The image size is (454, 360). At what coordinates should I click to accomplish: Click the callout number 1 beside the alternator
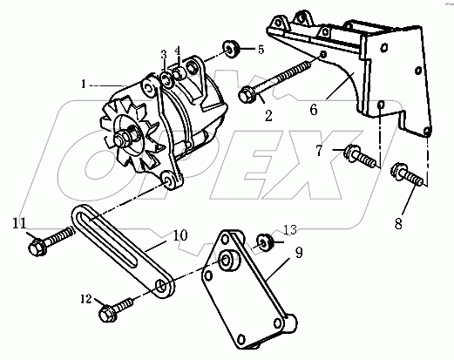click(84, 85)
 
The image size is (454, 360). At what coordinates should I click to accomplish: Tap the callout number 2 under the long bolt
click(268, 116)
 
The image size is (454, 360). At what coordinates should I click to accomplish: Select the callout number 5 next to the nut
click(261, 50)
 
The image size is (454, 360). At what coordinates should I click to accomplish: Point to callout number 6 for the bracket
click(314, 110)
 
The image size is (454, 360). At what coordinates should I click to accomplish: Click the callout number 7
click(319, 150)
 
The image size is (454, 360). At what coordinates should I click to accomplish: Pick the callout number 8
click(398, 223)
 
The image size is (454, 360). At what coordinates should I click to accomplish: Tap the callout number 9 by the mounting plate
click(299, 252)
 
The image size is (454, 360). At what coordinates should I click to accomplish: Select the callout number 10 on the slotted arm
click(180, 235)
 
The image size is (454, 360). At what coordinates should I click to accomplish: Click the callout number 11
click(19, 223)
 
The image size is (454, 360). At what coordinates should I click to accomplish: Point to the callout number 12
click(86, 299)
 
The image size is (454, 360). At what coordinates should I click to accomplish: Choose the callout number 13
click(290, 229)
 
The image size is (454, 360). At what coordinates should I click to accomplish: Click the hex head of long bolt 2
click(246, 95)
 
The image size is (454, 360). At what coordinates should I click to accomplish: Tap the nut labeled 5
click(231, 49)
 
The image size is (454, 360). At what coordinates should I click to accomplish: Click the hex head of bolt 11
click(37, 247)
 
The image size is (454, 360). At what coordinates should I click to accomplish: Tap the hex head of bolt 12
click(108, 313)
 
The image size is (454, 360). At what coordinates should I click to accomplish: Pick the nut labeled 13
click(265, 241)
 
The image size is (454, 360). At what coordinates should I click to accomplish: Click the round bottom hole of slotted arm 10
click(161, 286)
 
